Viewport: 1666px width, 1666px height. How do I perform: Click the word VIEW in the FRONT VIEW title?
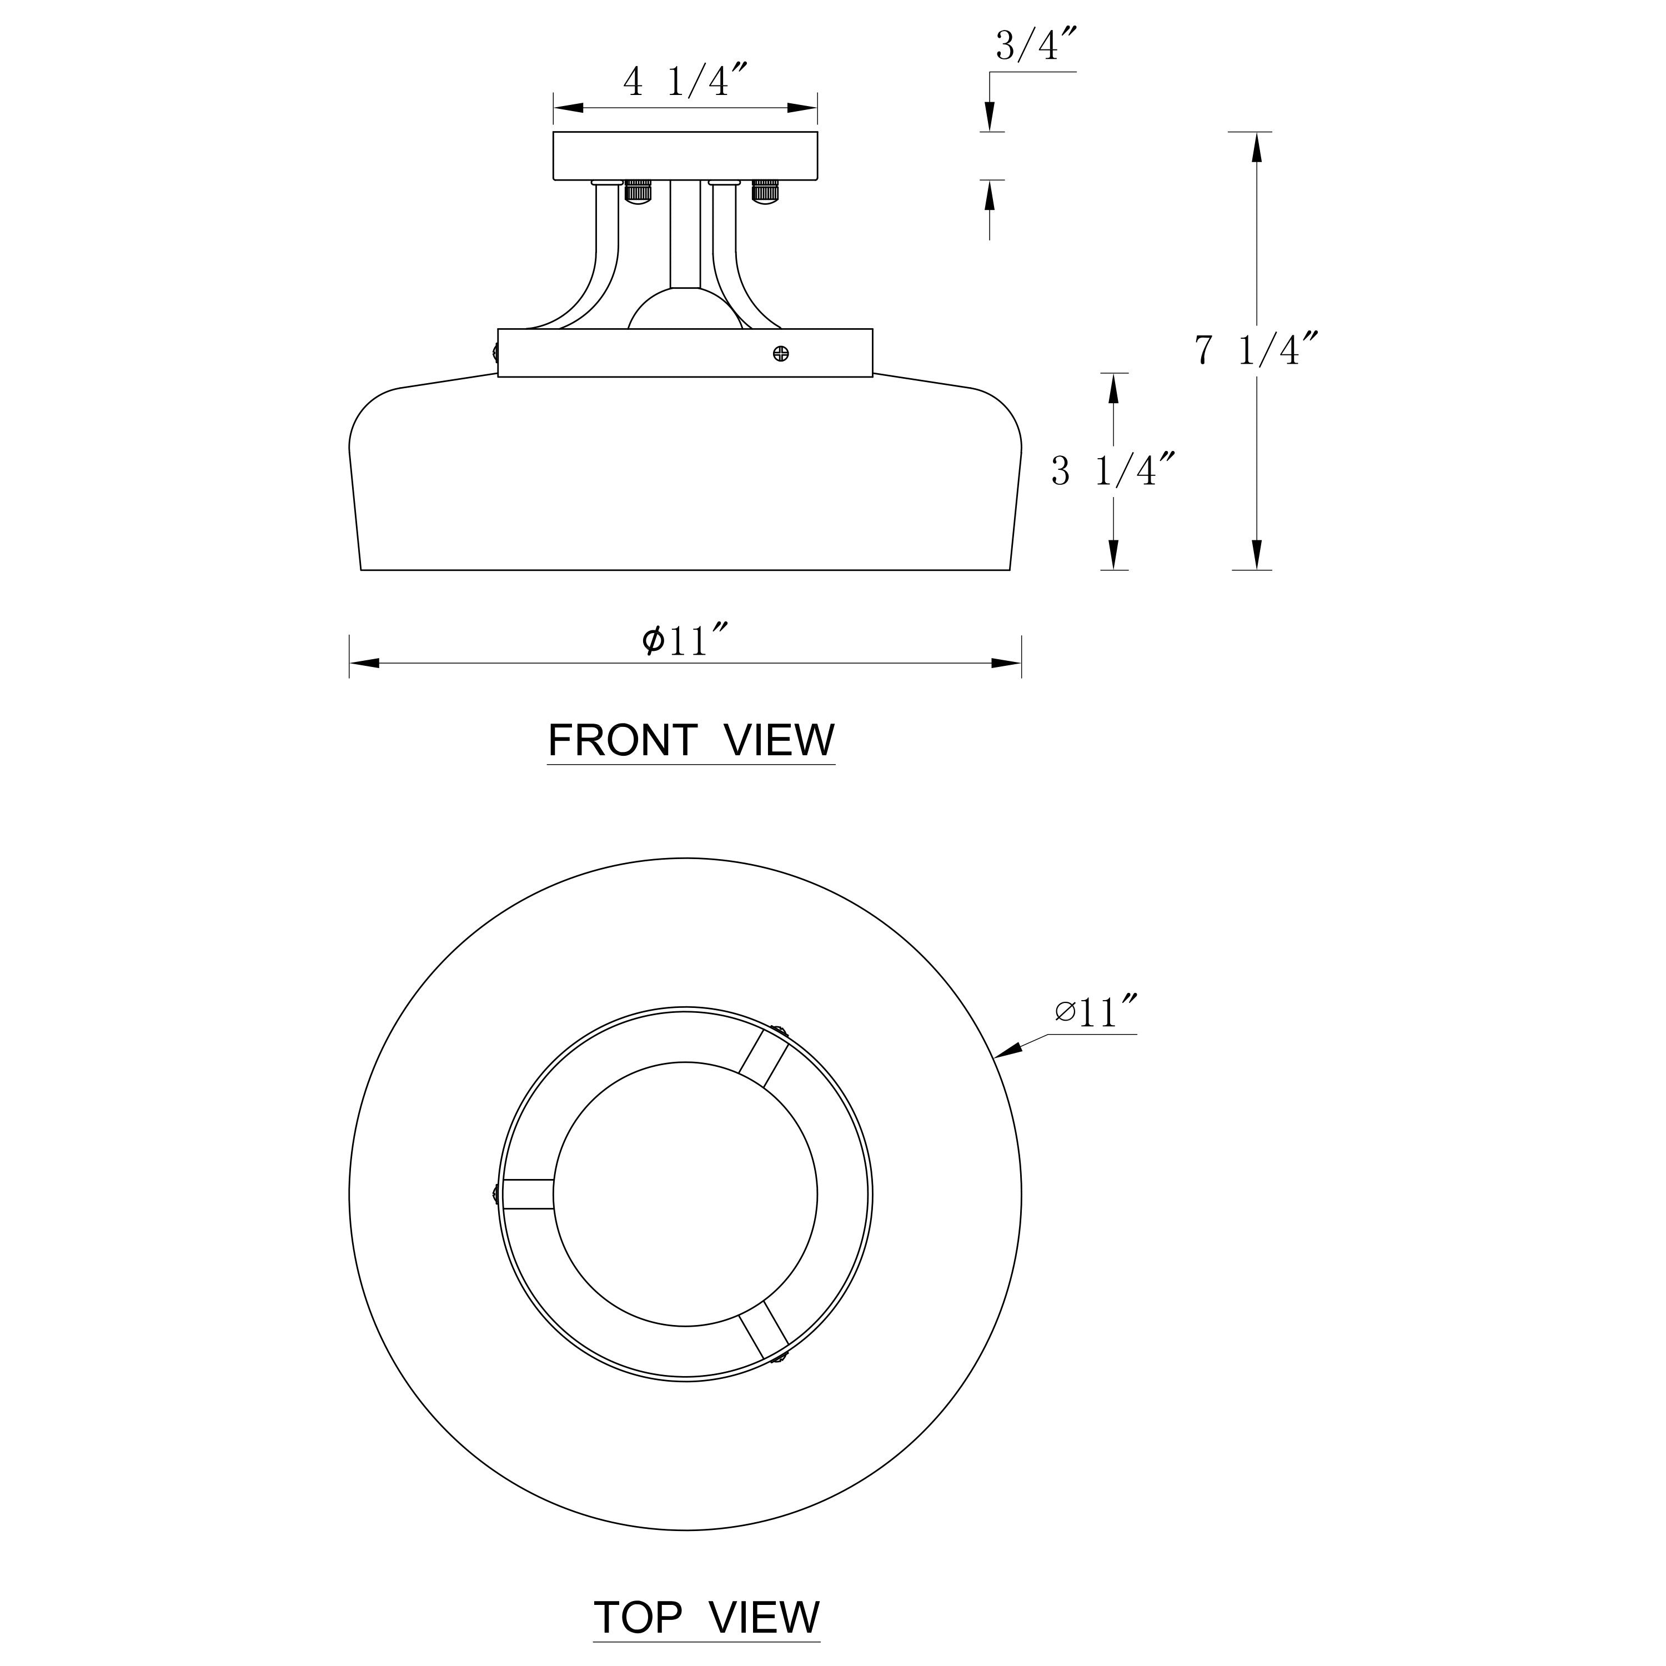point(779,740)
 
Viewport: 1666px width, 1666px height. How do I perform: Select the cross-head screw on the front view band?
point(780,353)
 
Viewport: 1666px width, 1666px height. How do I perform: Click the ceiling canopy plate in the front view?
point(685,156)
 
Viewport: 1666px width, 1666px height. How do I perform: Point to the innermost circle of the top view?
point(685,1195)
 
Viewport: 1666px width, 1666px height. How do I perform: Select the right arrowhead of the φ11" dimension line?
point(1007,663)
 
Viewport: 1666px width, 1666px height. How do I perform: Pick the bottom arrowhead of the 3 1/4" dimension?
point(1113,554)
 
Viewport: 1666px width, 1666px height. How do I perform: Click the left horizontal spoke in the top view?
point(527,1195)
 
